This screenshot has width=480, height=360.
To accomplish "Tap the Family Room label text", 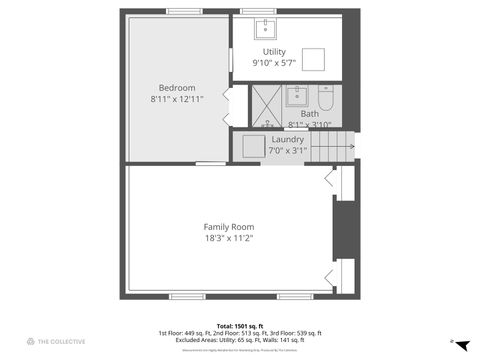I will click(x=229, y=227).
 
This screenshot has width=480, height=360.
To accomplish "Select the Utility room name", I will click(x=274, y=51).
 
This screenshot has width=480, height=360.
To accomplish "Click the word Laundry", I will click(x=287, y=139).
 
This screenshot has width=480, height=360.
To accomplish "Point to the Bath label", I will click(x=310, y=114).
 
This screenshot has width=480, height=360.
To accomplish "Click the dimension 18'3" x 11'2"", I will click(x=229, y=238).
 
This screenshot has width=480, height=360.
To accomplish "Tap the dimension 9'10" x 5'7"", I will click(x=274, y=63).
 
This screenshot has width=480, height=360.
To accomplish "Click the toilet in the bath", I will click(x=325, y=99).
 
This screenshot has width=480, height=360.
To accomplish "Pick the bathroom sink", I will click(x=297, y=97).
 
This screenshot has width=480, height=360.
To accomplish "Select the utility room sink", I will click(x=266, y=27).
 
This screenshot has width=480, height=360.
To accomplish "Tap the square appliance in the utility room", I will click(x=314, y=59).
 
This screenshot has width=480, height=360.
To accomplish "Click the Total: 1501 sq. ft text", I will click(x=239, y=326).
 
